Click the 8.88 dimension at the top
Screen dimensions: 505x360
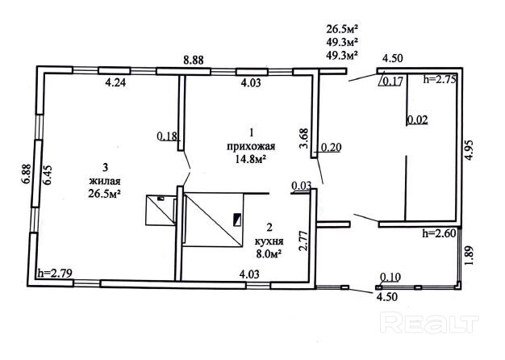(193, 60)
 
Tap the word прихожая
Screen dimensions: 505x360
(252, 147)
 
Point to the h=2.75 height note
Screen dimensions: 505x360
(440, 79)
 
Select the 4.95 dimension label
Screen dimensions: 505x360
(470, 150)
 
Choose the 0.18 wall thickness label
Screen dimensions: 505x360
(167, 136)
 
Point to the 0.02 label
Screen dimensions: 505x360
(417, 120)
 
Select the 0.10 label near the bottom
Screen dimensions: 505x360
(390, 277)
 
